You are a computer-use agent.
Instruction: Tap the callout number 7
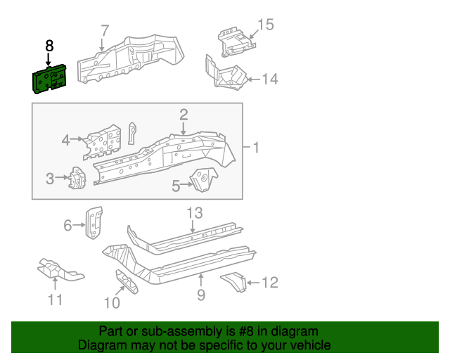105,31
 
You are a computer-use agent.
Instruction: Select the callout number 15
265,25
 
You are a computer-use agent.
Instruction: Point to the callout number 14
270,79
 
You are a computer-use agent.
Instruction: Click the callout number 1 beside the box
256,148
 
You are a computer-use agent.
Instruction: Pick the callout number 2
184,114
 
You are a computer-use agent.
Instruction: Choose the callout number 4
66,140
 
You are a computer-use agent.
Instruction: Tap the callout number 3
50,179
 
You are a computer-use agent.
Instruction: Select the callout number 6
68,225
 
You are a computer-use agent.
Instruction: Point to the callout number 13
194,213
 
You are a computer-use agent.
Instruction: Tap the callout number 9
201,295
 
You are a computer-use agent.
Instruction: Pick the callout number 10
112,303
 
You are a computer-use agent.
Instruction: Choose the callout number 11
56,300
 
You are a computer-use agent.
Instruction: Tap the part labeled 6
94,221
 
